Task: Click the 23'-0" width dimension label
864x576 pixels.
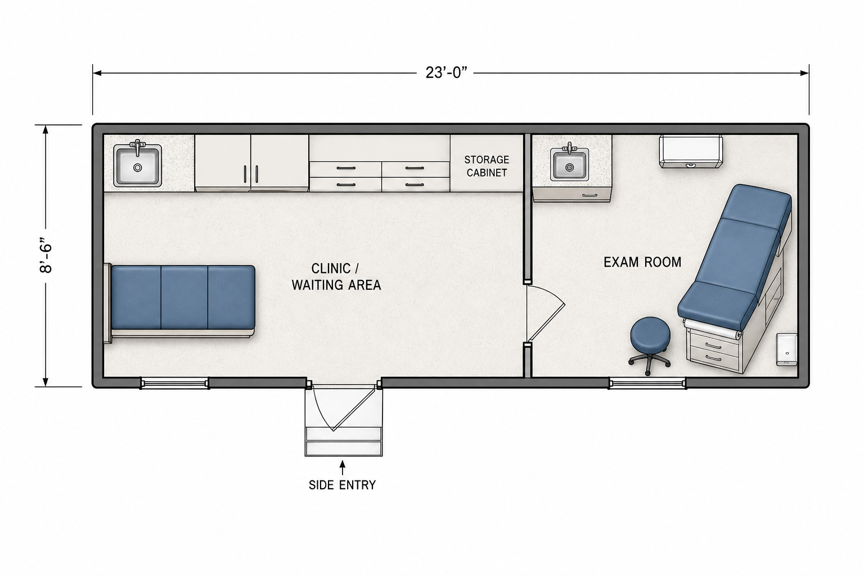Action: tap(446, 73)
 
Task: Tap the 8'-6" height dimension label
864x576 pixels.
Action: tap(46, 257)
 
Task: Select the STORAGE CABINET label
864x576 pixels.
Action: tap(487, 166)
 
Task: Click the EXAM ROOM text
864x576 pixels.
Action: tap(642, 262)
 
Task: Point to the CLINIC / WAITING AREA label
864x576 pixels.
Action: tap(336, 277)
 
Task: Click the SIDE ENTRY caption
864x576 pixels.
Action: tap(342, 484)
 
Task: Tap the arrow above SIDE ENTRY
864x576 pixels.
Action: tap(342, 467)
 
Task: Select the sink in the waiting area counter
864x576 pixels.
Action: tap(137, 165)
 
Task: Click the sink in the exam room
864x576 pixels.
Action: tap(569, 166)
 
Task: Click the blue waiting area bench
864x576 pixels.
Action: tap(183, 297)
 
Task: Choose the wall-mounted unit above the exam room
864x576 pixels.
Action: tap(690, 151)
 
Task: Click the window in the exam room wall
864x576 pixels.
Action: tap(647, 384)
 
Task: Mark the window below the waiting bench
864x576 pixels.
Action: tap(174, 383)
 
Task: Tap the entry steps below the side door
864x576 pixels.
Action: tap(344, 441)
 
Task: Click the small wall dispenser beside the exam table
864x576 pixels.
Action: tap(786, 349)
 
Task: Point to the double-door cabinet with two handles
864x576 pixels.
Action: tap(251, 163)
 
